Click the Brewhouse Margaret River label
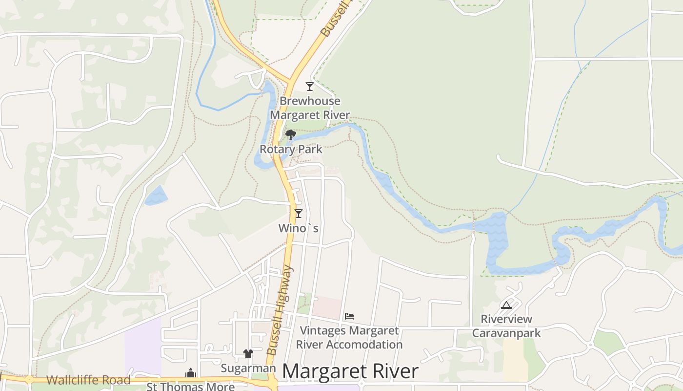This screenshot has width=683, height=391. tap(310, 108)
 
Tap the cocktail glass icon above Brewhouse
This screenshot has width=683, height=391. tap(309, 87)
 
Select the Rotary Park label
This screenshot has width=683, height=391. tap(291, 150)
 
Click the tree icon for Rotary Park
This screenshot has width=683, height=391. tap(291, 134)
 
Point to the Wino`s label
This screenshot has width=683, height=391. tap(299, 228)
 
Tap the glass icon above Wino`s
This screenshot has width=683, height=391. tap(299, 213)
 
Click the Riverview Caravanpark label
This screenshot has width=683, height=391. tap(506, 326)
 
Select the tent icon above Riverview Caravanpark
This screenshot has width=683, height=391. tap(506, 305)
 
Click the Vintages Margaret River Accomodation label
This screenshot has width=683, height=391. tap(349, 338)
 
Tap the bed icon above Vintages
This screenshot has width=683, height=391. tap(349, 316)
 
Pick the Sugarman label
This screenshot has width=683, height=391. tap(248, 368)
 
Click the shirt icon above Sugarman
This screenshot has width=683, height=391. tap(248, 354)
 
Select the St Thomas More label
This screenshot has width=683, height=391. tap(191, 387)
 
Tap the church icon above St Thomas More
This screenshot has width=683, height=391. tap(190, 373)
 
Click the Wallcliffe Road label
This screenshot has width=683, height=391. tap(88, 380)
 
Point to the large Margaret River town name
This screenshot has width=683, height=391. tap(350, 371)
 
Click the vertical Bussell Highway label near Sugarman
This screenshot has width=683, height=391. tap(280, 310)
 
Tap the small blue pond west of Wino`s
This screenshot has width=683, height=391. tap(156, 196)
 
